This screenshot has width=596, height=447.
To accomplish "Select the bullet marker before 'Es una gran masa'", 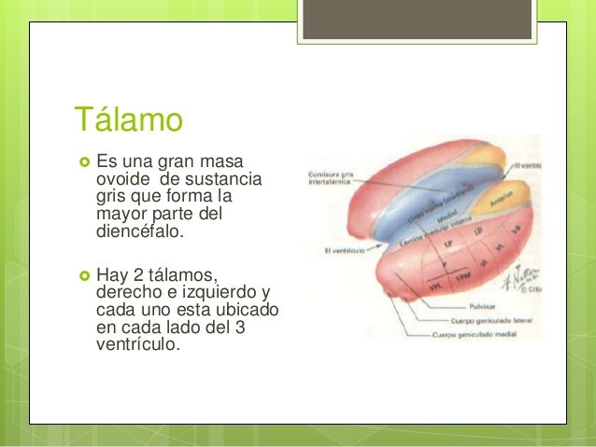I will coord(80,161).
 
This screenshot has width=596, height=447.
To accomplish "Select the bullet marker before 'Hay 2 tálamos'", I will coord(80,273).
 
